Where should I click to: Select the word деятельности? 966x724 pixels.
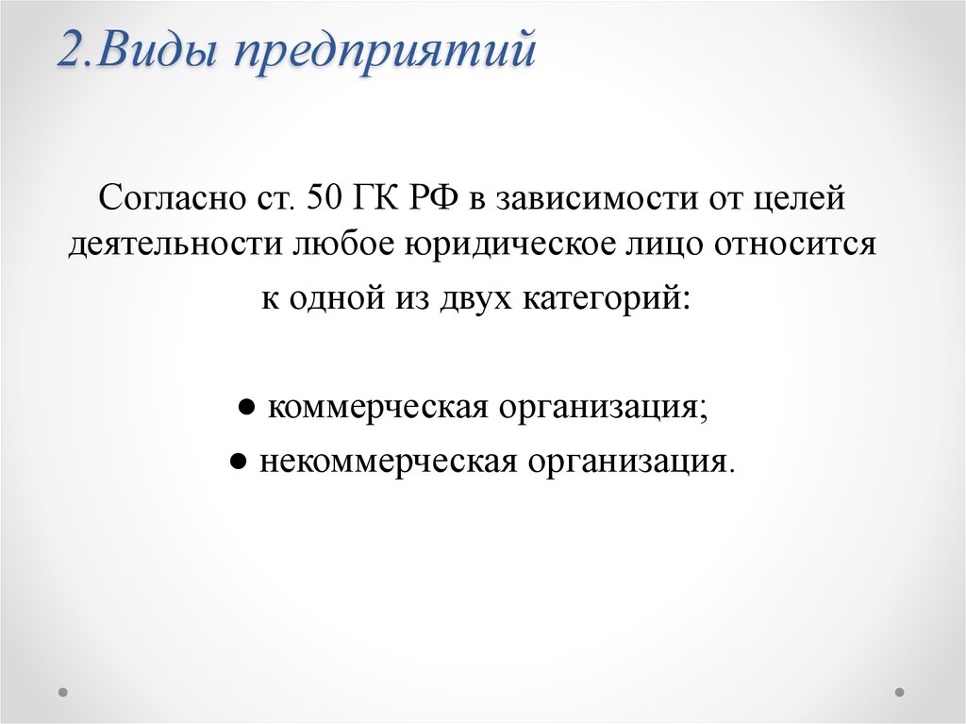(173, 244)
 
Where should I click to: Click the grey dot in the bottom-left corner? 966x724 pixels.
(63, 691)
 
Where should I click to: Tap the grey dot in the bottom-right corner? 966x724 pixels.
(899, 691)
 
